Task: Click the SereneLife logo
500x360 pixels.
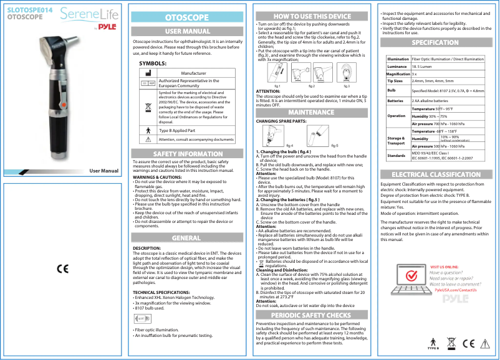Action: tap(94, 14)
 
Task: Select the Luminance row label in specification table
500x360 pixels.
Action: tap(397, 65)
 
